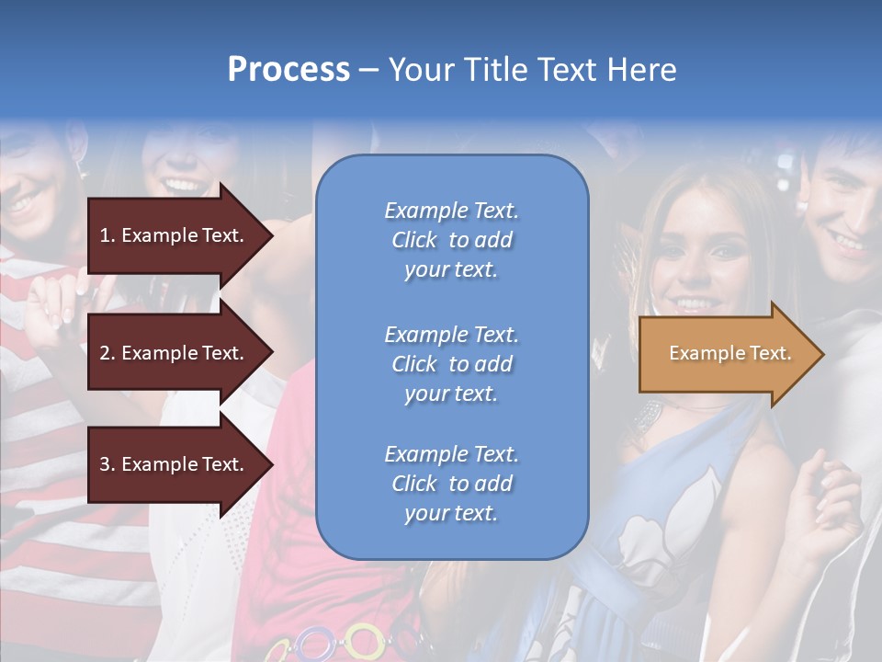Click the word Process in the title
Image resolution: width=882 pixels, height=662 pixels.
[x=288, y=69]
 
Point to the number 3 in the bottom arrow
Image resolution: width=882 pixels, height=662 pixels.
[x=106, y=464]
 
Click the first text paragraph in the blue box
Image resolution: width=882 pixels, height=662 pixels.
[x=451, y=240]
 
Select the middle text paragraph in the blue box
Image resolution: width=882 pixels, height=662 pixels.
[x=451, y=364]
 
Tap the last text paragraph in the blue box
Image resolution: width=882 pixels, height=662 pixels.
[x=451, y=484]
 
